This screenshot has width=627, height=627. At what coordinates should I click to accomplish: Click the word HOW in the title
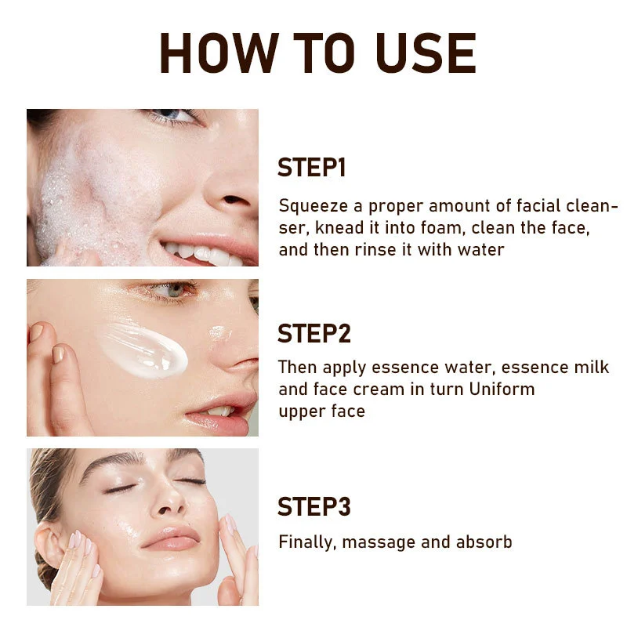pyautogui.click(x=219, y=53)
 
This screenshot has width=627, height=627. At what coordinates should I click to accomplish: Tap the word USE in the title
pyautogui.click(x=426, y=53)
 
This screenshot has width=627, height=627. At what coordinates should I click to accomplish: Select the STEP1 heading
pyautogui.click(x=311, y=168)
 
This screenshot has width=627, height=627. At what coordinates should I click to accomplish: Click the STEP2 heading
pyautogui.click(x=314, y=334)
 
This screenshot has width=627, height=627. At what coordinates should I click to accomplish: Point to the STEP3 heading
pyautogui.click(x=314, y=506)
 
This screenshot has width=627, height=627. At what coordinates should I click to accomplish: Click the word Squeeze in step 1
pyautogui.click(x=313, y=207)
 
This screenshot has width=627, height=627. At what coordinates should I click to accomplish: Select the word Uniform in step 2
pyautogui.click(x=502, y=389)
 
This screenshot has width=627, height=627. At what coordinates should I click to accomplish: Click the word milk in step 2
pyautogui.click(x=592, y=367)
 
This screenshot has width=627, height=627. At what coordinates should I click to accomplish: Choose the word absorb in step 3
pyautogui.click(x=484, y=542)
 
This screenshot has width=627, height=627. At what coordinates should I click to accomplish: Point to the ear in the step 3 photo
pyautogui.click(x=49, y=548)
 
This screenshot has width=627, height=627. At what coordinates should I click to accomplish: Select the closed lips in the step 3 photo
pyautogui.click(x=172, y=538)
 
